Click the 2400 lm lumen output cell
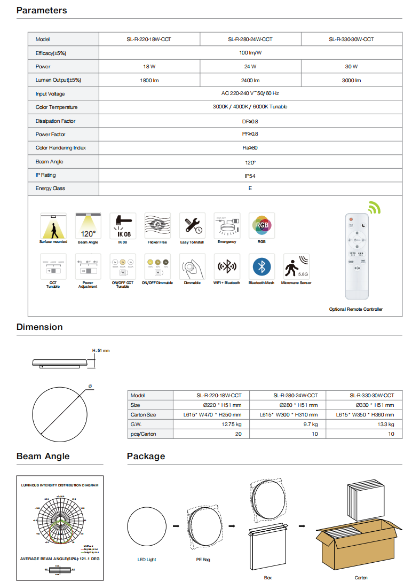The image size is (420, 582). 250,80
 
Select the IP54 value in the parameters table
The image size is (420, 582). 250,175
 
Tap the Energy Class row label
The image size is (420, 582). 50,188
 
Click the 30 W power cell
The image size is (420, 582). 351,67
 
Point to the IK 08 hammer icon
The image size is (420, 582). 123,225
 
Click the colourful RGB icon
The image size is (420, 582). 262,225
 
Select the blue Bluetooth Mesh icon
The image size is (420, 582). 262,266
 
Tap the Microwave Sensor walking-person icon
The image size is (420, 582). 296,266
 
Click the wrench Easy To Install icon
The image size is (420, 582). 192,225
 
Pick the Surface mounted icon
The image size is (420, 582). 53,225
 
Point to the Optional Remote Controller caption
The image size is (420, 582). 356,309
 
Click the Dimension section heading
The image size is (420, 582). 39,327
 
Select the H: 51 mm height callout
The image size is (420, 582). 101,350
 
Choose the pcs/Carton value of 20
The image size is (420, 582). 238,434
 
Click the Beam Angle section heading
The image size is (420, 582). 43,456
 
